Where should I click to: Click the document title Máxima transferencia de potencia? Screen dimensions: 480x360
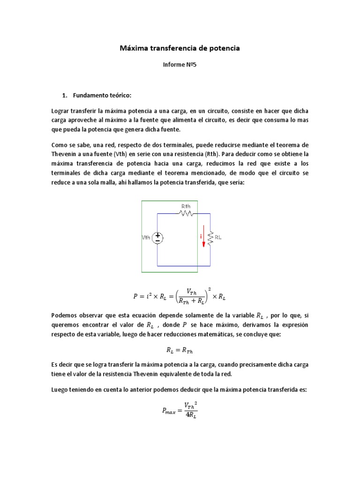[180, 48]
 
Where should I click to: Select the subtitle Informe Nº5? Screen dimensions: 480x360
[180, 66]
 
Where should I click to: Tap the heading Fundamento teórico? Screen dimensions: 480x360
[102, 96]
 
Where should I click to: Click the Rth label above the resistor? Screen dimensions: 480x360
[186, 206]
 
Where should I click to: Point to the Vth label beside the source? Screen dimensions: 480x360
[147, 238]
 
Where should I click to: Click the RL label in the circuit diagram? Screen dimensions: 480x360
[218, 237]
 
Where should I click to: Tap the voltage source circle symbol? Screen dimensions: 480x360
[157, 238]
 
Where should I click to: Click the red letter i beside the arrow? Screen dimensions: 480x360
[200, 237]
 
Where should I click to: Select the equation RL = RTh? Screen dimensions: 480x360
[180, 349]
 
